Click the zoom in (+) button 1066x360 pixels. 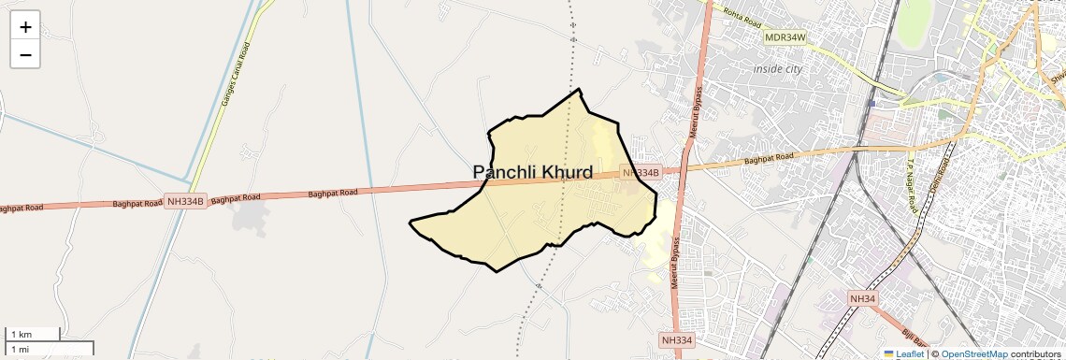tap(25, 26)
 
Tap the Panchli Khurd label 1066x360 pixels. tap(533, 172)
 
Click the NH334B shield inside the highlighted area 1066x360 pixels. tap(641, 173)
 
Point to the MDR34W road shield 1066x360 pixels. tap(785, 37)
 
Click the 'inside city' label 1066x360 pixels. tap(778, 68)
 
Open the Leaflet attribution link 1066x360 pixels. tap(903, 354)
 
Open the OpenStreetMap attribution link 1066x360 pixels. tap(974, 354)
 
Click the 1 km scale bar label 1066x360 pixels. tap(22, 334)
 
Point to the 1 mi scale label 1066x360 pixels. tap(21, 349)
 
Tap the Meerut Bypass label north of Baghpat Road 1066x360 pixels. tap(696, 111)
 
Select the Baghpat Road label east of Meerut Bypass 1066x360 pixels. tap(769, 160)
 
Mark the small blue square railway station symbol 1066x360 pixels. tap(872, 103)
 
